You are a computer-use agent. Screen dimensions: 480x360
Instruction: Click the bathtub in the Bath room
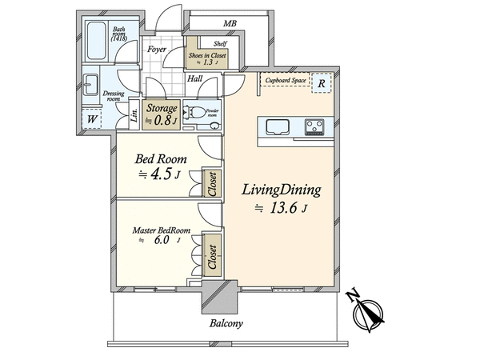[x=97, y=42]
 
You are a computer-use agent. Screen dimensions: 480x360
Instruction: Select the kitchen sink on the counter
[x=278, y=127]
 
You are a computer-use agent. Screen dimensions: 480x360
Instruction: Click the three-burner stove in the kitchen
[x=314, y=127]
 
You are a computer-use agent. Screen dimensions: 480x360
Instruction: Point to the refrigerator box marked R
[x=322, y=83]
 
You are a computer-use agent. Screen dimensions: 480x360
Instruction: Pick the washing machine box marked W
[x=92, y=118]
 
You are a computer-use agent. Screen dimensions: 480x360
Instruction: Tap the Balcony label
[x=226, y=323]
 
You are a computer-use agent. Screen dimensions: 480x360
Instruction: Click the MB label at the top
[x=230, y=23]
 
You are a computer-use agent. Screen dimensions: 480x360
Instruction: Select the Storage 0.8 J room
[x=162, y=114]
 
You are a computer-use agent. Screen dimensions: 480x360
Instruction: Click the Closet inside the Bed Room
[x=212, y=183]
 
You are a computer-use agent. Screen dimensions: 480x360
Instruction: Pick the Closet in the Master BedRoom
[x=212, y=256]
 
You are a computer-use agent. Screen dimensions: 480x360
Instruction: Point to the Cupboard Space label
[x=286, y=80]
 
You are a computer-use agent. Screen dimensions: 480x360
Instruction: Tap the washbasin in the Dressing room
[x=90, y=85]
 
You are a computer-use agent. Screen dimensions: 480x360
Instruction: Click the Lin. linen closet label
[x=134, y=114]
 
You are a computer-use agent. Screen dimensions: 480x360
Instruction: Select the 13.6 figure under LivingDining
[x=283, y=208]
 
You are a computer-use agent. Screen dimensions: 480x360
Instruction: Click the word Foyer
[x=157, y=49]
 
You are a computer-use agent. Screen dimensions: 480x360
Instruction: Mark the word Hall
[x=194, y=78]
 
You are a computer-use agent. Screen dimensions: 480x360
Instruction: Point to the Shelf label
[x=220, y=43]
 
